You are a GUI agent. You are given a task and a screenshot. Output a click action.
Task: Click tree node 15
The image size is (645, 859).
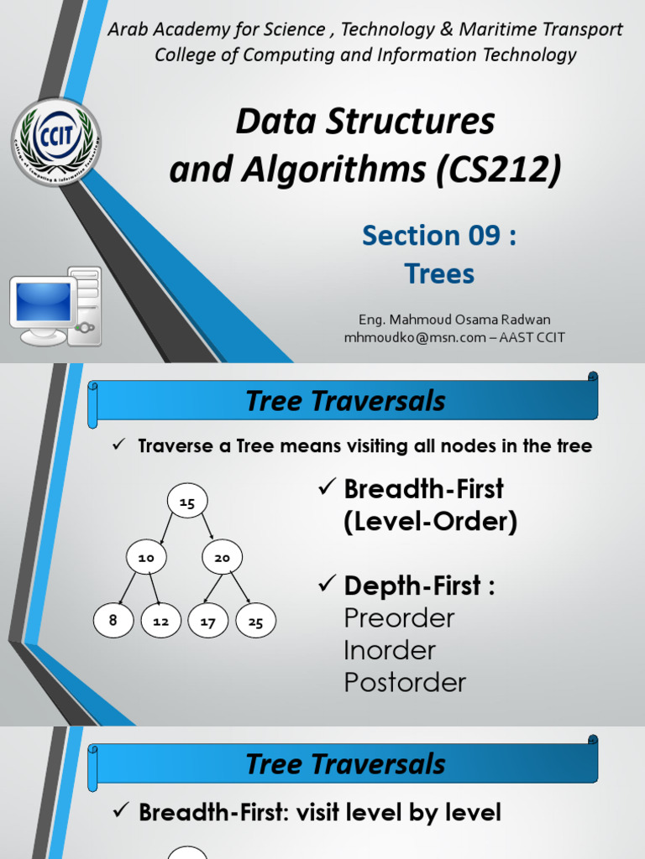point(187,502)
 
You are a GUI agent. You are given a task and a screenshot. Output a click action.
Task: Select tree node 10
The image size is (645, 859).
point(147,557)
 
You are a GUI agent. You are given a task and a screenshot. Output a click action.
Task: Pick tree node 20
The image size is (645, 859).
point(222,557)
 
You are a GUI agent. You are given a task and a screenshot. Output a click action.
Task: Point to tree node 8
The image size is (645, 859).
point(113,621)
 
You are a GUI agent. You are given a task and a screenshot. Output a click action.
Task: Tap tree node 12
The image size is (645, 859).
point(161,622)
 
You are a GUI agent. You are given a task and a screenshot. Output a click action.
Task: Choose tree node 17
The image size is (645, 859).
point(208,622)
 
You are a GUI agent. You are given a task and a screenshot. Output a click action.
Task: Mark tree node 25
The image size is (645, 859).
point(256,622)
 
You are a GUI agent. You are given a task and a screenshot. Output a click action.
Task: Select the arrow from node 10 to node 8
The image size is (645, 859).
point(128,589)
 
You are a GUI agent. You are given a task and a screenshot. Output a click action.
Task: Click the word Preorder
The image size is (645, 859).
point(399,618)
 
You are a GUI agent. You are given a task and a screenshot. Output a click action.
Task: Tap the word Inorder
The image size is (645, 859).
point(390,650)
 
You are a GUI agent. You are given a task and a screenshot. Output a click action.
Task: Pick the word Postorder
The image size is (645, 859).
point(405,682)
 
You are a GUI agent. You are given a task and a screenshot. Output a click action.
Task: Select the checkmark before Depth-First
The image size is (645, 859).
point(327,586)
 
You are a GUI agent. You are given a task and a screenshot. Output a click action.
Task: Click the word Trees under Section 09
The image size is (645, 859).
point(439,273)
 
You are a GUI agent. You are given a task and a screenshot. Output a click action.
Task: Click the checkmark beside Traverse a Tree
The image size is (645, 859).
point(118,445)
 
